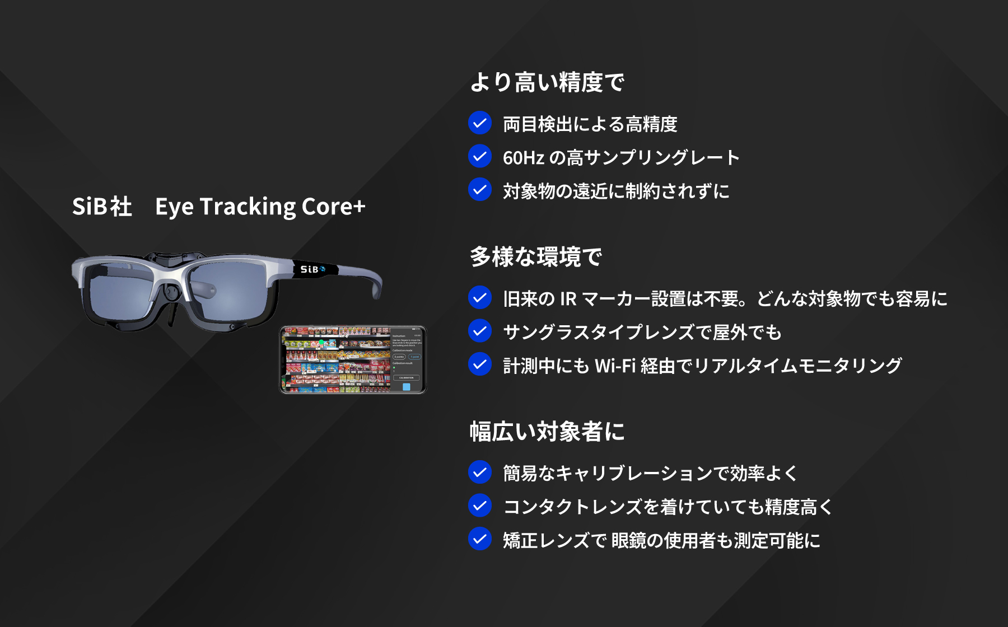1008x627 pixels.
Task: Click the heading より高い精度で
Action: click(x=547, y=83)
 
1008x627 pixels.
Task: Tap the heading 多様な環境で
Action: click(x=536, y=258)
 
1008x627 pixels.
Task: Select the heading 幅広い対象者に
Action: click(x=547, y=432)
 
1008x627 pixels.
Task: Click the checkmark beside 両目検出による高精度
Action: click(x=480, y=123)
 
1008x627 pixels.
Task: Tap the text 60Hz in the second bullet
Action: click(x=523, y=158)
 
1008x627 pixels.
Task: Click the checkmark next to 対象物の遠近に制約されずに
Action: click(x=480, y=190)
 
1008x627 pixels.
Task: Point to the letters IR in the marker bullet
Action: click(x=568, y=299)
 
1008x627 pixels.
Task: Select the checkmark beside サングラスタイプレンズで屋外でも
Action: click(x=480, y=331)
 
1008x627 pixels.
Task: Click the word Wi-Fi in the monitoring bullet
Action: click(x=615, y=366)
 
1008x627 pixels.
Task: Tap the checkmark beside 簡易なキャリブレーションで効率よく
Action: click(x=480, y=472)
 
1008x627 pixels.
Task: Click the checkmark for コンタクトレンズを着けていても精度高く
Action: click(x=480, y=506)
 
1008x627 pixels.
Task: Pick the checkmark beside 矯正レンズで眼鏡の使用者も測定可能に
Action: click(x=480, y=539)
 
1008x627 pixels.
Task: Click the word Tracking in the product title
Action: click(x=248, y=207)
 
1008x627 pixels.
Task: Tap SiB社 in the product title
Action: click(x=102, y=207)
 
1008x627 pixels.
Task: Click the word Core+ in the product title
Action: click(x=333, y=207)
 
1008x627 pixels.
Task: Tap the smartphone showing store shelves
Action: click(x=353, y=359)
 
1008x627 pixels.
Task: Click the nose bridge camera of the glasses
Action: click(x=172, y=292)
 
